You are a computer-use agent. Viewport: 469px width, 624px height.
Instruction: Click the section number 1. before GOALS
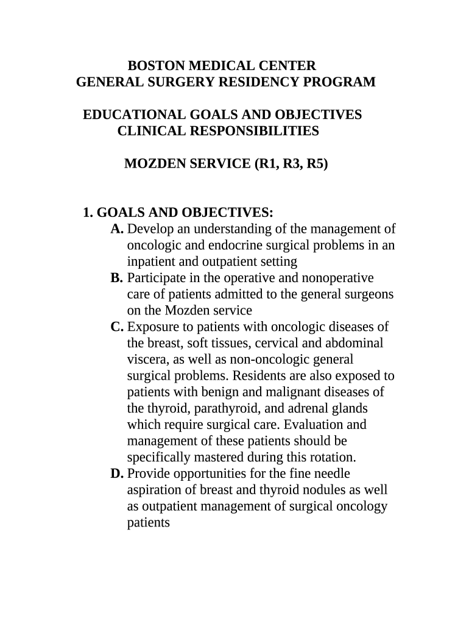coord(88,213)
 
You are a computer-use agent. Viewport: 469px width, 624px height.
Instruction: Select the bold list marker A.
coord(118,229)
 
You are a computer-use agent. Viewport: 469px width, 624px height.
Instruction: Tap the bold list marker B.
coord(117,278)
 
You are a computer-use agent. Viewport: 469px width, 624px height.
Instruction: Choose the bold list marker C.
coord(118,327)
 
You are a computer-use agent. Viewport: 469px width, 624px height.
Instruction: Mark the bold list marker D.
coord(118,473)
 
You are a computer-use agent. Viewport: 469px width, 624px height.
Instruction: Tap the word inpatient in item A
coord(152,262)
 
